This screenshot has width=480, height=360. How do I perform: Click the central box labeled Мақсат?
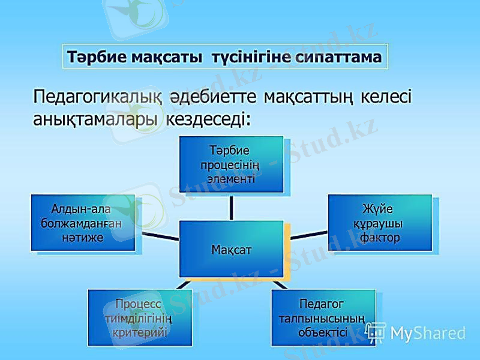tap(231, 249)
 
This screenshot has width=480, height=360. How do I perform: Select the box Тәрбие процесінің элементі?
tap(232, 164)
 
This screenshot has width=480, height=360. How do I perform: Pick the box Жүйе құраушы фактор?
tap(379, 223)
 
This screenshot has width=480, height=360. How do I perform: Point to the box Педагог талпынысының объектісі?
tap(323, 317)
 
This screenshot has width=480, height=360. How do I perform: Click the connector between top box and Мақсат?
tap(232, 207)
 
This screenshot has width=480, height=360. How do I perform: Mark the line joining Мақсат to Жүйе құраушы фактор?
tap(304, 235)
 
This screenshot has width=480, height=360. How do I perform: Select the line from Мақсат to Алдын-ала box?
tap(160, 235)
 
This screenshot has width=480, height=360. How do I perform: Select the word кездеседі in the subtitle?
tap(207, 119)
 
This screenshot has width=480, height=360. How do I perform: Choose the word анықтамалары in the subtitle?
tap(96, 119)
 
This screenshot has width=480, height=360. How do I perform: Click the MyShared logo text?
tap(428, 333)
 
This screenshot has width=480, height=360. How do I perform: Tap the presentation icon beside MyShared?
tap(376, 332)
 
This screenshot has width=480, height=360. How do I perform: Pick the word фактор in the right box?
tap(380, 238)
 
